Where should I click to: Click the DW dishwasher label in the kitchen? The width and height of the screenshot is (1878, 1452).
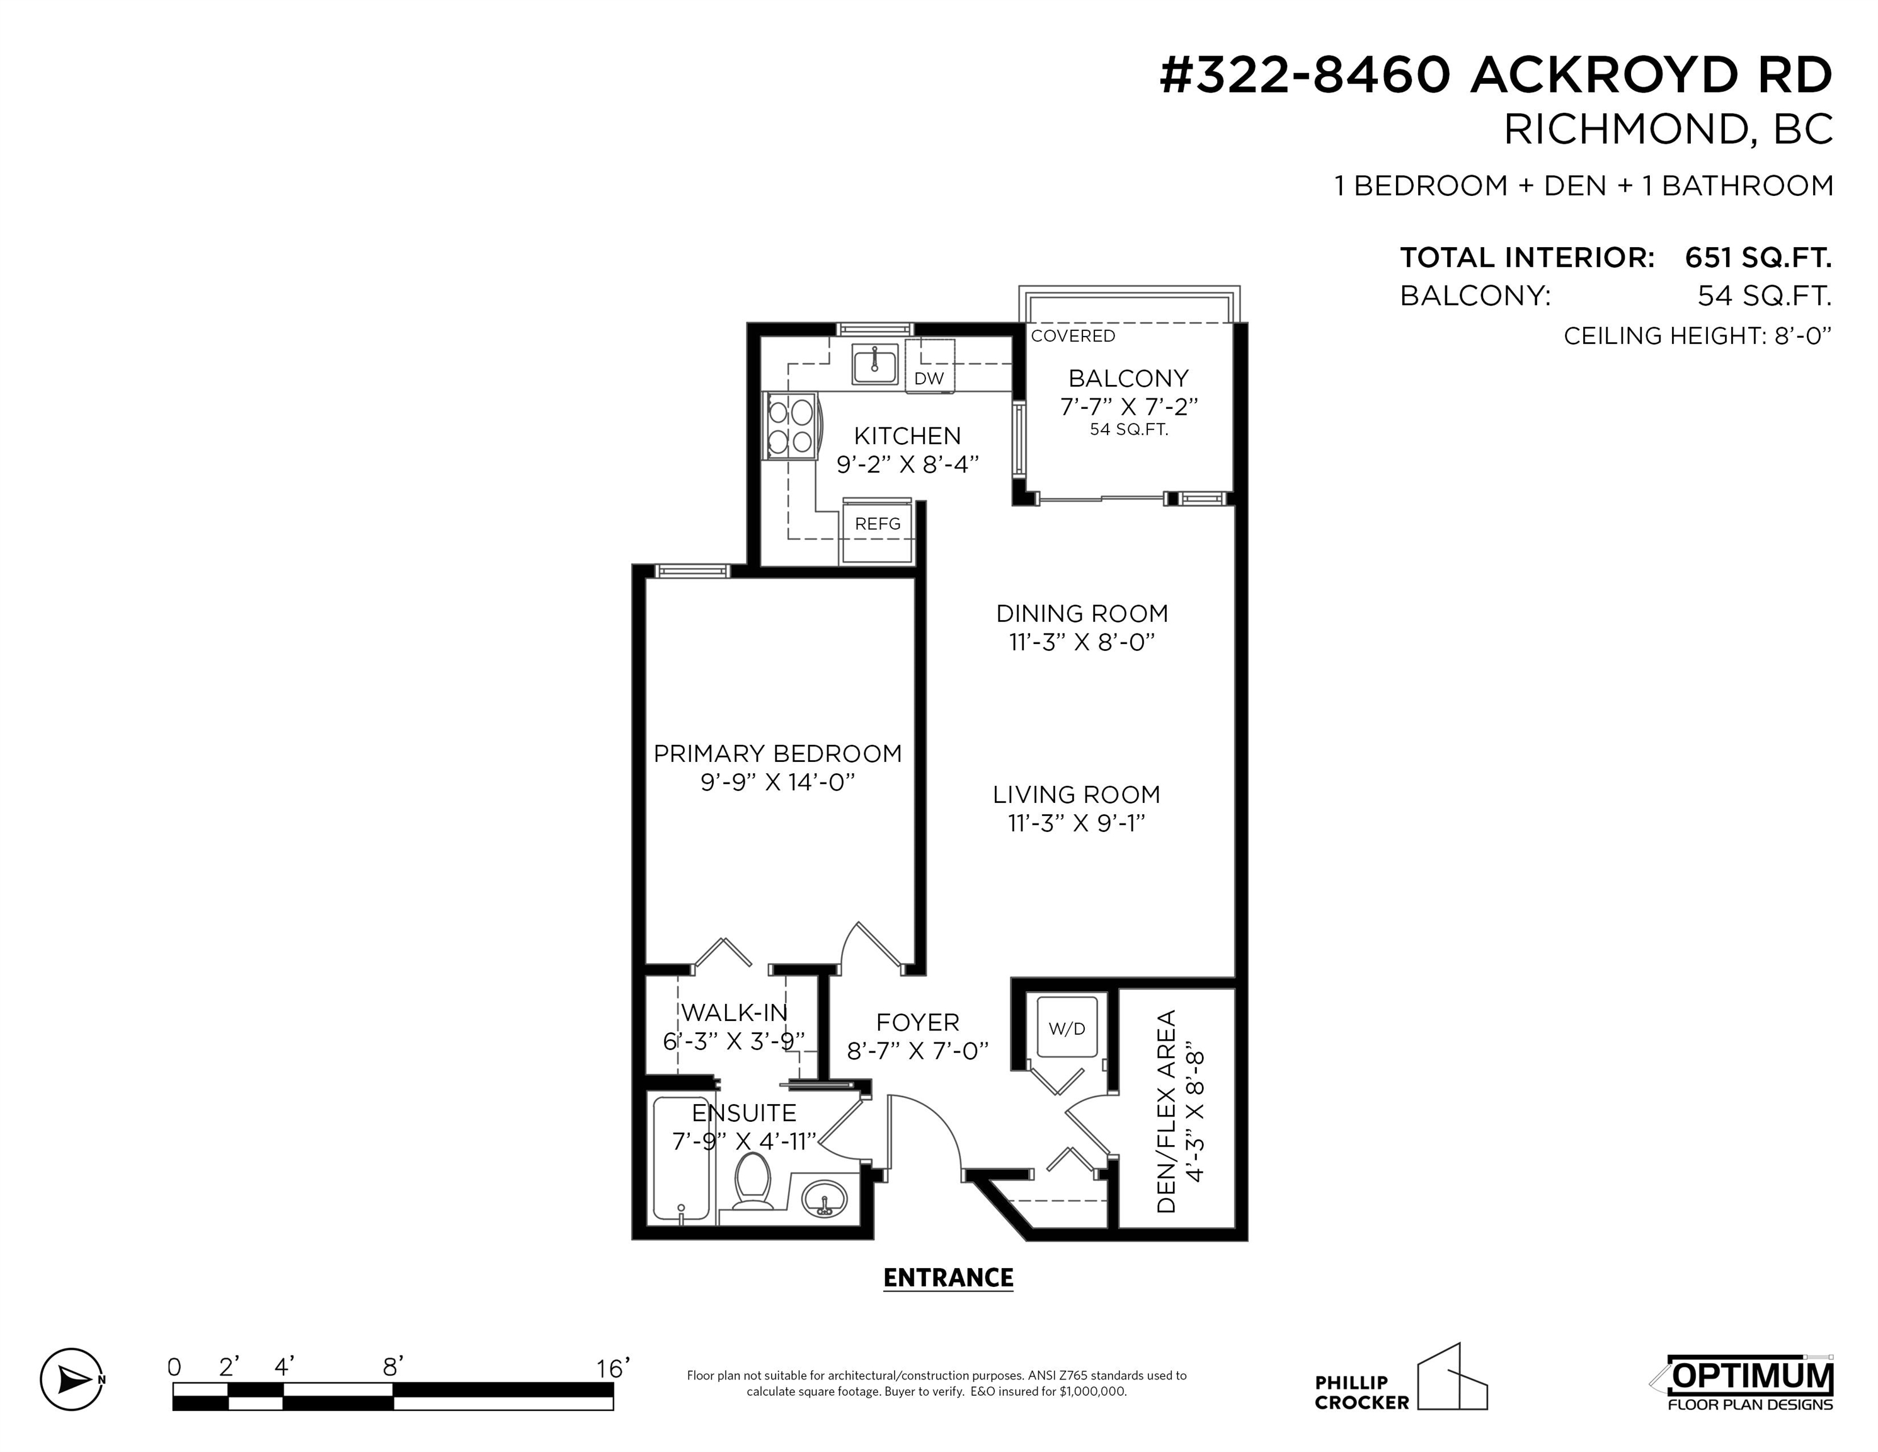(x=929, y=379)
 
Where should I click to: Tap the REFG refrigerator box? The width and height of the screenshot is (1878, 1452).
(x=877, y=530)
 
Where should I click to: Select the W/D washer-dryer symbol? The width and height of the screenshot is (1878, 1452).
(x=1067, y=1027)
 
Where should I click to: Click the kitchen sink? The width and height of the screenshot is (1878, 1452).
(x=875, y=364)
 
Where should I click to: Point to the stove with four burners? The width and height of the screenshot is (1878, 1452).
(x=792, y=427)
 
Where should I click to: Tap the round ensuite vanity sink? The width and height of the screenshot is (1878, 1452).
(x=825, y=1198)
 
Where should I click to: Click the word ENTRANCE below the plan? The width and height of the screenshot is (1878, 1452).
(x=949, y=1278)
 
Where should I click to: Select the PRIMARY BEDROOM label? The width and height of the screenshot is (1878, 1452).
(x=777, y=754)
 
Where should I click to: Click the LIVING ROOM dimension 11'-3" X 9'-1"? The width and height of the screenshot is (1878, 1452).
(x=1077, y=823)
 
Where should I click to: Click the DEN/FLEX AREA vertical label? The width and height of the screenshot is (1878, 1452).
(x=1167, y=1111)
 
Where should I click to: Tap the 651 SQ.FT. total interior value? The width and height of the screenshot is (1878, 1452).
(x=1758, y=258)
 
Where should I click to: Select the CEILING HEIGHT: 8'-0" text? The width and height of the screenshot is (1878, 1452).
(x=1697, y=335)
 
